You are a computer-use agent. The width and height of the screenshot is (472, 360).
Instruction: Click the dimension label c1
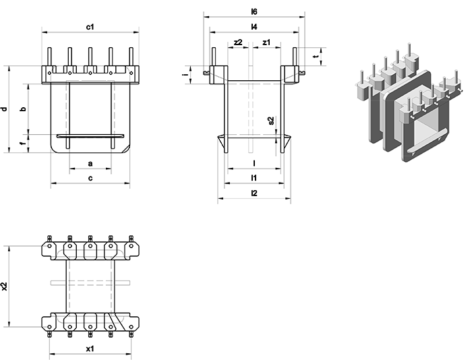(x=90, y=26)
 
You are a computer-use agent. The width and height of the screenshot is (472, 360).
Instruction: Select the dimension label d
(x=4, y=109)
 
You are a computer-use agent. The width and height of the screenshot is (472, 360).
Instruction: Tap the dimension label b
(x=24, y=109)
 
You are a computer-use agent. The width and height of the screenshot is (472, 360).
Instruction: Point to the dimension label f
(x=24, y=143)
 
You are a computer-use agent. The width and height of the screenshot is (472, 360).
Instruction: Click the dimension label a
(x=90, y=164)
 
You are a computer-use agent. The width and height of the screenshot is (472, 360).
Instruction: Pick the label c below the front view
(x=90, y=178)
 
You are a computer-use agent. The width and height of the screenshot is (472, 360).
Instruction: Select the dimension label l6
(x=254, y=11)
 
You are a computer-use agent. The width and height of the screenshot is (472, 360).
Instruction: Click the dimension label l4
(x=254, y=26)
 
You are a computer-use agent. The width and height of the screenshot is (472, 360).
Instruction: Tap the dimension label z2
(x=238, y=42)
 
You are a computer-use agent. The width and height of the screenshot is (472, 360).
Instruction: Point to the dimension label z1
(x=266, y=42)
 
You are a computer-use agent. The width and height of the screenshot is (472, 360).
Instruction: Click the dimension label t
(x=316, y=57)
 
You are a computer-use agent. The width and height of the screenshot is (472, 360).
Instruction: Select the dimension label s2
(x=271, y=121)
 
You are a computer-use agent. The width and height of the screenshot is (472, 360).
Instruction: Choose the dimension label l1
(x=254, y=178)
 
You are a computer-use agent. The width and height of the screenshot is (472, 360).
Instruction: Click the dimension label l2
(x=254, y=193)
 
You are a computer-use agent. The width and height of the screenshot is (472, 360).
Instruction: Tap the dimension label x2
(x=5, y=286)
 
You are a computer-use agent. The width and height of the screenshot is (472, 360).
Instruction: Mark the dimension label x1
(x=90, y=349)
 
